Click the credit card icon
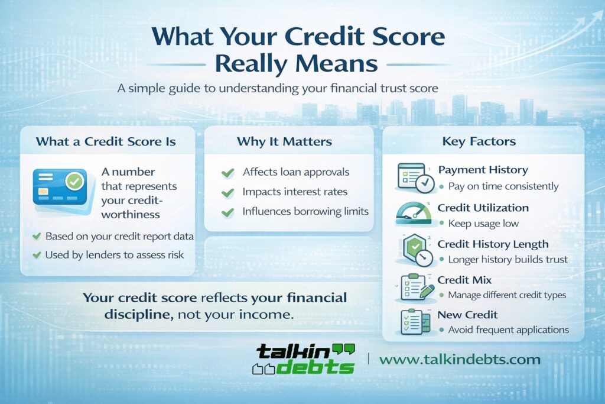(60, 188)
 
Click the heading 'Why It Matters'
(284, 142)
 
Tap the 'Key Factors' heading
(479, 142)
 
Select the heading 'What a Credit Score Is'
(106, 142)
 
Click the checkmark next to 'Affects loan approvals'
(227, 173)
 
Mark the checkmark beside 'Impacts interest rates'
(227, 192)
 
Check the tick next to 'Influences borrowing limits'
(227, 212)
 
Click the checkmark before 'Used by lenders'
(37, 256)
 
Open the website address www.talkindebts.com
(460, 359)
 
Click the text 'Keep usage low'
(483, 224)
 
